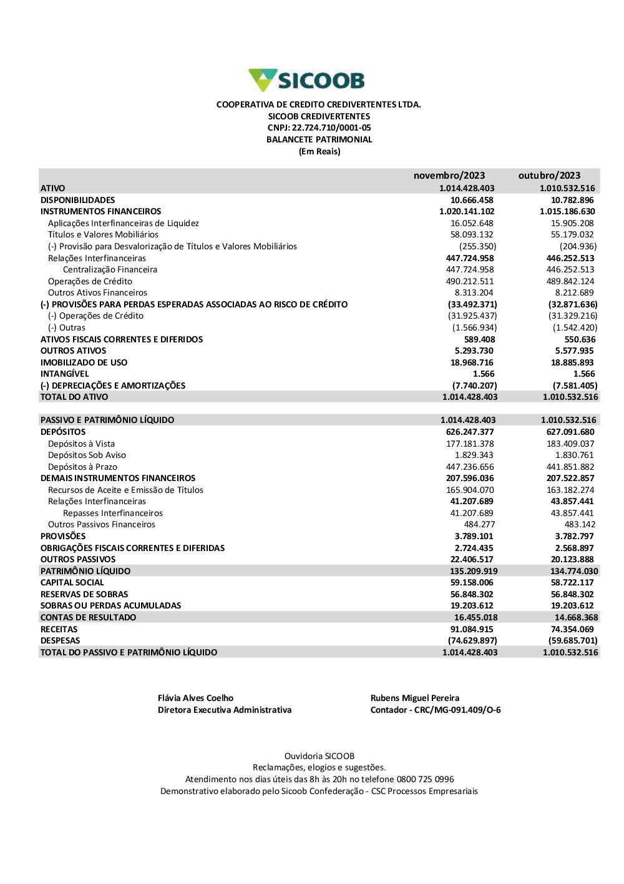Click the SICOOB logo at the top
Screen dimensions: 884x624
pos(306,80)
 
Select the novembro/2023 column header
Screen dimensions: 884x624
pos(449,176)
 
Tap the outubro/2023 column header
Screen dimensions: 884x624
pos(549,176)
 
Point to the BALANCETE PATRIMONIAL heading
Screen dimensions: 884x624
pos(319,140)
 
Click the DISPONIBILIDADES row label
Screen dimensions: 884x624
pos(77,200)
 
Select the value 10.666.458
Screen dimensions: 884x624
pos(472,200)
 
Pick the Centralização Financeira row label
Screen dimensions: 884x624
pos(110,270)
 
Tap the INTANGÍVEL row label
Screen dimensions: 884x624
pos(65,374)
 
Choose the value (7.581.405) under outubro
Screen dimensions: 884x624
pos(575,385)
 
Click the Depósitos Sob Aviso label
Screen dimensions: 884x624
pos(87,455)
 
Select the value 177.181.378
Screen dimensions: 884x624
pos(469,444)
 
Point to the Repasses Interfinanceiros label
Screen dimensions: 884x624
pos(112,514)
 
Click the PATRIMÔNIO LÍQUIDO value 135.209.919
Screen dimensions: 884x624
pos(473,571)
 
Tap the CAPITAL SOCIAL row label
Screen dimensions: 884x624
pos(72,582)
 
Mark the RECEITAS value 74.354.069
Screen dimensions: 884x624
pos(572,629)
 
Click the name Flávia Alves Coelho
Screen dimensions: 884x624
pos(195,698)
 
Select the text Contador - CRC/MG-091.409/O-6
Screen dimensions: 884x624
pos(436,710)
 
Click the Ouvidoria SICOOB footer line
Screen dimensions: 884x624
pos(319,756)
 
